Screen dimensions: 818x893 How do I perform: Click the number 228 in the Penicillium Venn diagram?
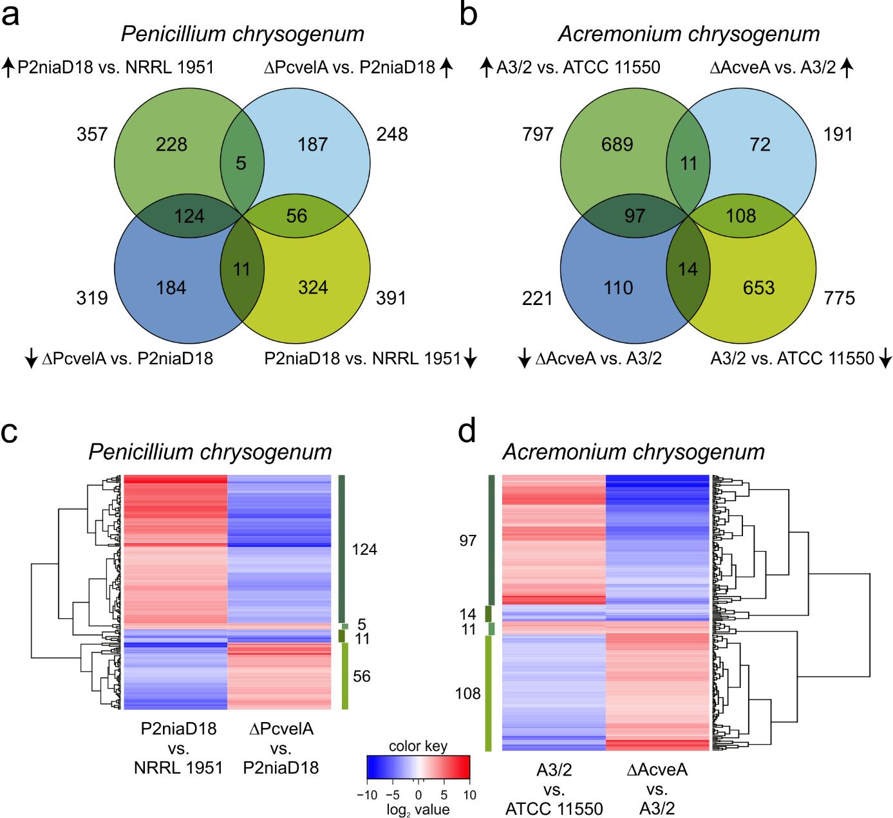click(172, 144)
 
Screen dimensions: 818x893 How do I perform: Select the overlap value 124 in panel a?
click(189, 216)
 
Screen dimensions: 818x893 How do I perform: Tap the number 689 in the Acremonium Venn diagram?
click(617, 144)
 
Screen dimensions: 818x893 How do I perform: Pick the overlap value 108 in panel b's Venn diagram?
click(741, 216)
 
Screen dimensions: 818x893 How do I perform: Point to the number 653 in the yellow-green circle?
click(758, 288)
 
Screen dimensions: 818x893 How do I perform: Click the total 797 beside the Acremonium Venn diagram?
click(538, 135)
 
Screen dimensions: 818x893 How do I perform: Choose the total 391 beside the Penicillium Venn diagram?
click(392, 298)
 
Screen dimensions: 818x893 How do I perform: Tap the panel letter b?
click(468, 14)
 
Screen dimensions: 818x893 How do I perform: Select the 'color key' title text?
click(418, 747)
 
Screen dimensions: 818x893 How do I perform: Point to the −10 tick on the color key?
click(367, 795)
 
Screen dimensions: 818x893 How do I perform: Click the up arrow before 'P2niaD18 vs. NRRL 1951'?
click(8, 67)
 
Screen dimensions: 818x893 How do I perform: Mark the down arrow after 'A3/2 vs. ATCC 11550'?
click(885, 358)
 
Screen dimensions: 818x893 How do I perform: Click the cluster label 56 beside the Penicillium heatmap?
click(362, 676)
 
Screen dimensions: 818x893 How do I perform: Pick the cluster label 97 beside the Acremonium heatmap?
click(468, 541)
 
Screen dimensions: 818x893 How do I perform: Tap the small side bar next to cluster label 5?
click(345, 626)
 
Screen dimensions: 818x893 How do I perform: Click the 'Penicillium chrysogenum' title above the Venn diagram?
click(243, 33)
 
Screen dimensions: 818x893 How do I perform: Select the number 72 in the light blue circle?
click(760, 144)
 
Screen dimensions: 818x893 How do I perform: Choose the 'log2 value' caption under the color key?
click(418, 809)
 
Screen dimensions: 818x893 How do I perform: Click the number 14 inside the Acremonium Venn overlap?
click(688, 269)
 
